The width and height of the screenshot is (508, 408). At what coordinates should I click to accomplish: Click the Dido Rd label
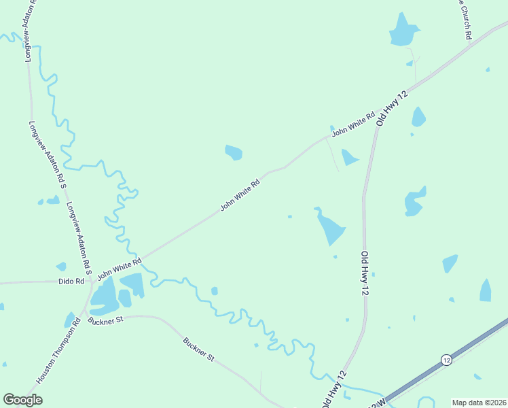point(71,281)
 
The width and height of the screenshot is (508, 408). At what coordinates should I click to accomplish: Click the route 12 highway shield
point(446,359)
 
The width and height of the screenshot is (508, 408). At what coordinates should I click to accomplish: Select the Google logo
point(22,400)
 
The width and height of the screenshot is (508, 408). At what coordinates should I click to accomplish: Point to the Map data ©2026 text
point(479,403)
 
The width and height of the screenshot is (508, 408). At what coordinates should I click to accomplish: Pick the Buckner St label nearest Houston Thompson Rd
point(105,319)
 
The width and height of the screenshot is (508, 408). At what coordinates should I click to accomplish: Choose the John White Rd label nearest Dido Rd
point(119,269)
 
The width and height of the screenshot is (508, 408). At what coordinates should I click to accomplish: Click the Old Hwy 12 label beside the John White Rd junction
point(393,107)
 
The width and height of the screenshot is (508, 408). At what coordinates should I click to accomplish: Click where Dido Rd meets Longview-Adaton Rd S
point(90,281)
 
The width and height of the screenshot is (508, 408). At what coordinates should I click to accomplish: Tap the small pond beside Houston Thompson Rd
point(70,320)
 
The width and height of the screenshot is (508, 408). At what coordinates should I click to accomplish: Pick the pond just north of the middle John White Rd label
point(234,152)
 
